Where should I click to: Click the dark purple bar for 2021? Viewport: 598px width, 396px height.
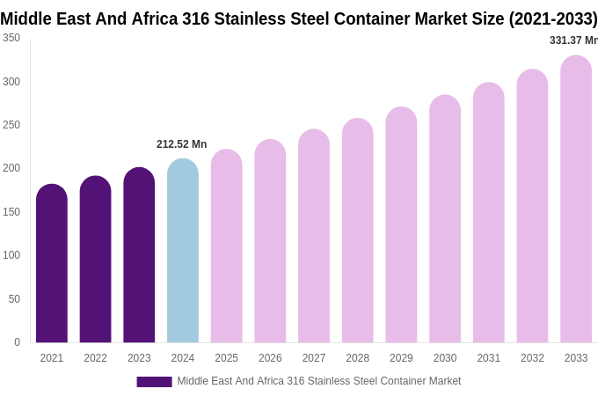[52, 264]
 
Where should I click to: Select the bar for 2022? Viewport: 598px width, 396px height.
[95, 260]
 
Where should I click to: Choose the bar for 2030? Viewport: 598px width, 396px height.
[445, 219]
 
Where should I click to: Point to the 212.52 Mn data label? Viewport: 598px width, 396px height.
[181, 144]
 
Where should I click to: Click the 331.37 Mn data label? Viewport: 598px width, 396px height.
[572, 40]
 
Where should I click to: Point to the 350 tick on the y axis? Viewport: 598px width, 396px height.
[11, 38]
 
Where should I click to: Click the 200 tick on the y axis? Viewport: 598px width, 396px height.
[11, 168]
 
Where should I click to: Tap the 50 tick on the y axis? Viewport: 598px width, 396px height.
[14, 299]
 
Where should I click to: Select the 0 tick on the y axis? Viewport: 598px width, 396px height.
[17, 342]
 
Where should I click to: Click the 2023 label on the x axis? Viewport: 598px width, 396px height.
[139, 358]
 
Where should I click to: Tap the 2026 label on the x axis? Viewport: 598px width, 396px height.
[270, 358]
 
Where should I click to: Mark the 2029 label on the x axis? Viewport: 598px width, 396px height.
[401, 358]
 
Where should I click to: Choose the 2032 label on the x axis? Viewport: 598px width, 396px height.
[532, 358]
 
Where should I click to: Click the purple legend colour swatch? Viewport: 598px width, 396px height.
[154, 382]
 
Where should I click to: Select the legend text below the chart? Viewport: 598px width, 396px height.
[318, 381]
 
